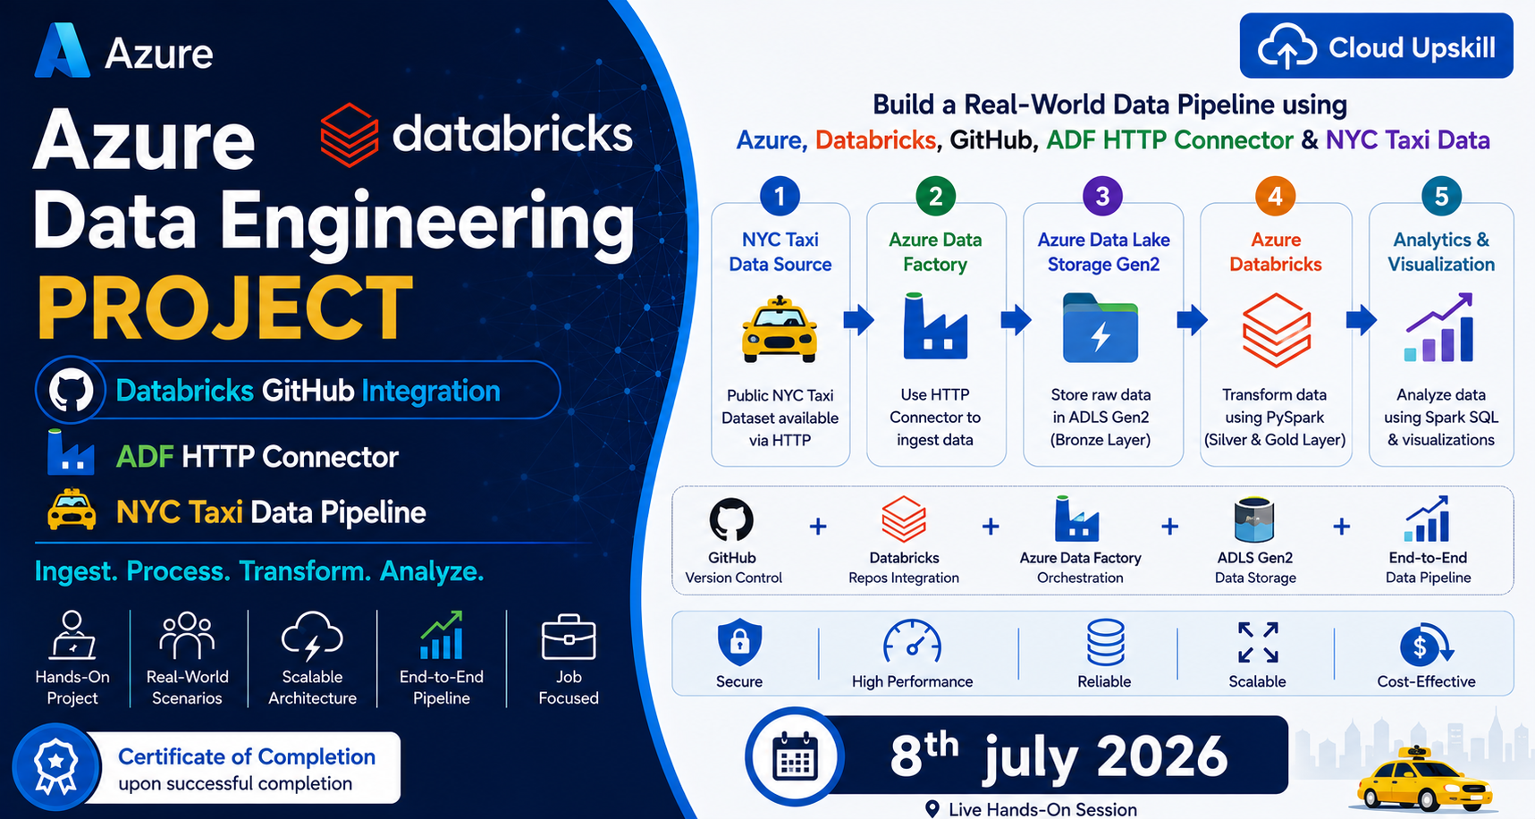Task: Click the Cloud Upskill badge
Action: pos(1376,46)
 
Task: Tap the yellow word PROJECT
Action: pos(224,308)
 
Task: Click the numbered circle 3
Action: pos(1102,196)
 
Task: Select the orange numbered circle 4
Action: pos(1275,196)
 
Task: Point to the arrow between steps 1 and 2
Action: pos(858,319)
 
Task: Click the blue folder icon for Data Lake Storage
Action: pos(1101,328)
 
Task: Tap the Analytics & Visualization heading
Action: pos(1441,252)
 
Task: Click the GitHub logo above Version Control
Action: pos(731,519)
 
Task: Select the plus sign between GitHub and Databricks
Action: pos(817,527)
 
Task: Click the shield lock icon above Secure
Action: pos(739,642)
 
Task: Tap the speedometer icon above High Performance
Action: pos(912,642)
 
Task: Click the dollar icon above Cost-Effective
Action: pos(1422,644)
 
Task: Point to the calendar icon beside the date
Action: pos(795,756)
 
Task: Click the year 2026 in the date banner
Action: pos(1162,756)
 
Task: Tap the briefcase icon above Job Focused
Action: pos(569,637)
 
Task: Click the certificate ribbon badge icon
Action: pos(55,767)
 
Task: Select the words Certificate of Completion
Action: pos(247,756)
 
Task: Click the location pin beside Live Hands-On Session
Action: pos(932,809)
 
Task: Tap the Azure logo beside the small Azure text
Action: pos(63,51)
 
